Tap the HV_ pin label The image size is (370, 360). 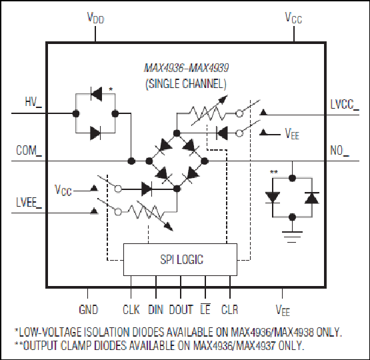[x=33, y=102]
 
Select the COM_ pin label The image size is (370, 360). [x=29, y=150]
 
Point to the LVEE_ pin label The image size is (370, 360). [x=29, y=203]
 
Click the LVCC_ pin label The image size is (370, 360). [x=345, y=104]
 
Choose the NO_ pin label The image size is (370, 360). [x=339, y=151]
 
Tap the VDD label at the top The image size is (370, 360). [x=95, y=18]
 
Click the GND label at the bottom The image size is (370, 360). [x=88, y=309]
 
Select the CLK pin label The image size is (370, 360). [x=131, y=309]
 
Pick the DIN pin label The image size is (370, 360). [x=155, y=309]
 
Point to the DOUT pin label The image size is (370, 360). [x=181, y=309]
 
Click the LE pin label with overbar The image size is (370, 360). [x=205, y=309]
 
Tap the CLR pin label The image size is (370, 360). [x=229, y=309]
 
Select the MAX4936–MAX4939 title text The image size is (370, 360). [x=187, y=68]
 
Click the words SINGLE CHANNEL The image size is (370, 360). [x=186, y=83]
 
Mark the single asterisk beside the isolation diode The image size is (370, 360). [x=111, y=89]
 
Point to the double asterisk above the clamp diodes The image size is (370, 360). [x=274, y=172]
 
